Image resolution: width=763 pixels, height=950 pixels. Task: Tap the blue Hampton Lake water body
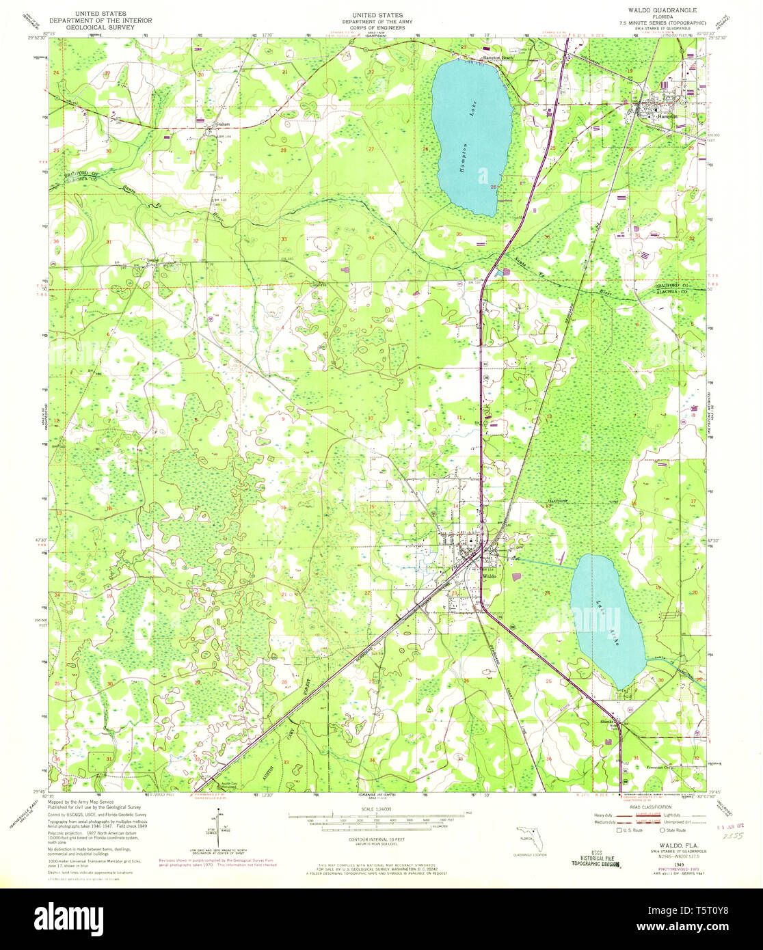point(472,137)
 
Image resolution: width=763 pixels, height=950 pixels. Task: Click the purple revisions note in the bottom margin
point(217,863)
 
